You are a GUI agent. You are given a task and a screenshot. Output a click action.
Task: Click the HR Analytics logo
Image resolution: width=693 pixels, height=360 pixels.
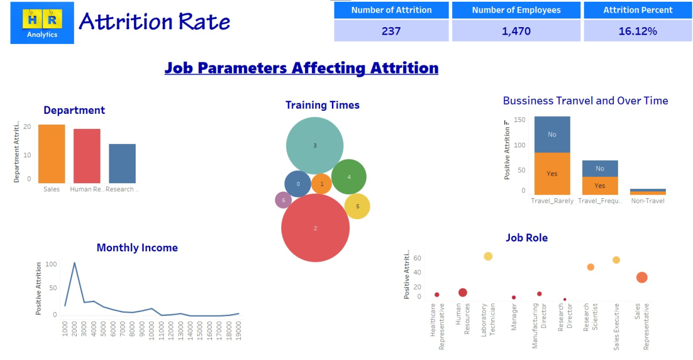pos(42,23)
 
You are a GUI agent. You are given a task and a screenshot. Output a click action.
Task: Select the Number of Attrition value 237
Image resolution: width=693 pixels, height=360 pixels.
pos(391,31)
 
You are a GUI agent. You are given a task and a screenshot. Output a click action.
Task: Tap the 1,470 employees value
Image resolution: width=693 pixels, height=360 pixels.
pos(516,31)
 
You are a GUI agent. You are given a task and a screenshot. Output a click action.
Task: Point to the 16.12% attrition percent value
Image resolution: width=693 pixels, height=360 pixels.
pos(638,31)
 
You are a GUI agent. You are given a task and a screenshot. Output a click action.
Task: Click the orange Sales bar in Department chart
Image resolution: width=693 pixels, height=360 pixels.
pos(51,154)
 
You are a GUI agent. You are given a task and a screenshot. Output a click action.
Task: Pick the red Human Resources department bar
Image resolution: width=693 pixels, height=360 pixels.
pos(87,156)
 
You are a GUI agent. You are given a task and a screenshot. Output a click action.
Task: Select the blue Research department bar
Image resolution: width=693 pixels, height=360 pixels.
pos(122,164)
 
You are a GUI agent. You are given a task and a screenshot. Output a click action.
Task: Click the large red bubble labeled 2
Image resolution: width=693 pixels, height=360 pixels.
pos(315,228)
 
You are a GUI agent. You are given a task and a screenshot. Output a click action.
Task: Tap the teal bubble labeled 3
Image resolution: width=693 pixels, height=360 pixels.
pos(315,146)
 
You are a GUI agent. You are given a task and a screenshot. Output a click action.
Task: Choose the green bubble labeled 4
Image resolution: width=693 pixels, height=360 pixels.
pos(349,177)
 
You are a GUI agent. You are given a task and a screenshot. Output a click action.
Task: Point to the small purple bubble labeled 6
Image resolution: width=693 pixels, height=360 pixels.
pos(283,200)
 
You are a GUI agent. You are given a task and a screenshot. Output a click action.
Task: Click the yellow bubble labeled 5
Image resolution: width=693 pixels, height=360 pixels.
pos(357,206)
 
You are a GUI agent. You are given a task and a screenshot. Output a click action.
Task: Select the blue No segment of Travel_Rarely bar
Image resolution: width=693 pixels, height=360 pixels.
pos(552,134)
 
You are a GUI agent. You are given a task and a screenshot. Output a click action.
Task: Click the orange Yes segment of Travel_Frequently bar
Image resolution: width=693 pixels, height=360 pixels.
pos(600,185)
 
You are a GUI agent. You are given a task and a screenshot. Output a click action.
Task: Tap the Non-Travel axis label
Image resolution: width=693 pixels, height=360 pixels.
pos(647,201)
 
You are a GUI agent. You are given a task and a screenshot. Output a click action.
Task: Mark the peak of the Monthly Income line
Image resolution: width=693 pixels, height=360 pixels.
pos(74,262)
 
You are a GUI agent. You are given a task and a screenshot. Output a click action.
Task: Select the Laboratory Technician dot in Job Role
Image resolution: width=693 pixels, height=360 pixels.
pos(488,256)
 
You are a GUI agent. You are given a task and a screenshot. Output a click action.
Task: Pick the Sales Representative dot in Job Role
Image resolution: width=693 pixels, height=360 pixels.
pos(642,277)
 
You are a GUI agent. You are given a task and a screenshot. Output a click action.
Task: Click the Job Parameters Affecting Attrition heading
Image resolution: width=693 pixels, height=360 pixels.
pos(301,68)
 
